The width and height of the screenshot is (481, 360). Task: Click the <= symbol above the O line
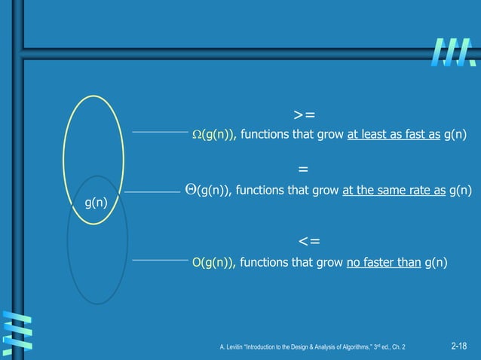308,241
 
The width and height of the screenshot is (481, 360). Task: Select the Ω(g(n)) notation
214,136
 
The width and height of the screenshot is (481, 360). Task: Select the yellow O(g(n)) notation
214,262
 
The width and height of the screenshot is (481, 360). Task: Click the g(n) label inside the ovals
94,201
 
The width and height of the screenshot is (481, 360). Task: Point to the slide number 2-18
458,346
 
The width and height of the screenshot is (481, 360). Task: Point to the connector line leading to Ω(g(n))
158,131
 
